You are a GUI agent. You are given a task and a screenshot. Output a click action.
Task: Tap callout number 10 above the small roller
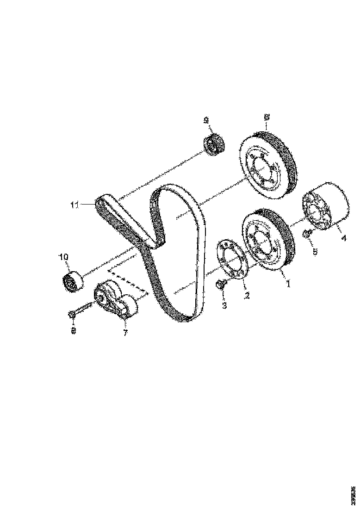tap(63, 256)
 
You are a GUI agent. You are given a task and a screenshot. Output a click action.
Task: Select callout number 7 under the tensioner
tap(125, 333)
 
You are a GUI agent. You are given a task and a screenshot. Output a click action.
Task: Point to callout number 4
tap(344, 238)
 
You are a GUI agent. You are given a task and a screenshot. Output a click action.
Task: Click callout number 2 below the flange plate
tap(247, 295)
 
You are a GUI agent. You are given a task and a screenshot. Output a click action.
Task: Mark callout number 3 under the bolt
tap(224, 305)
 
